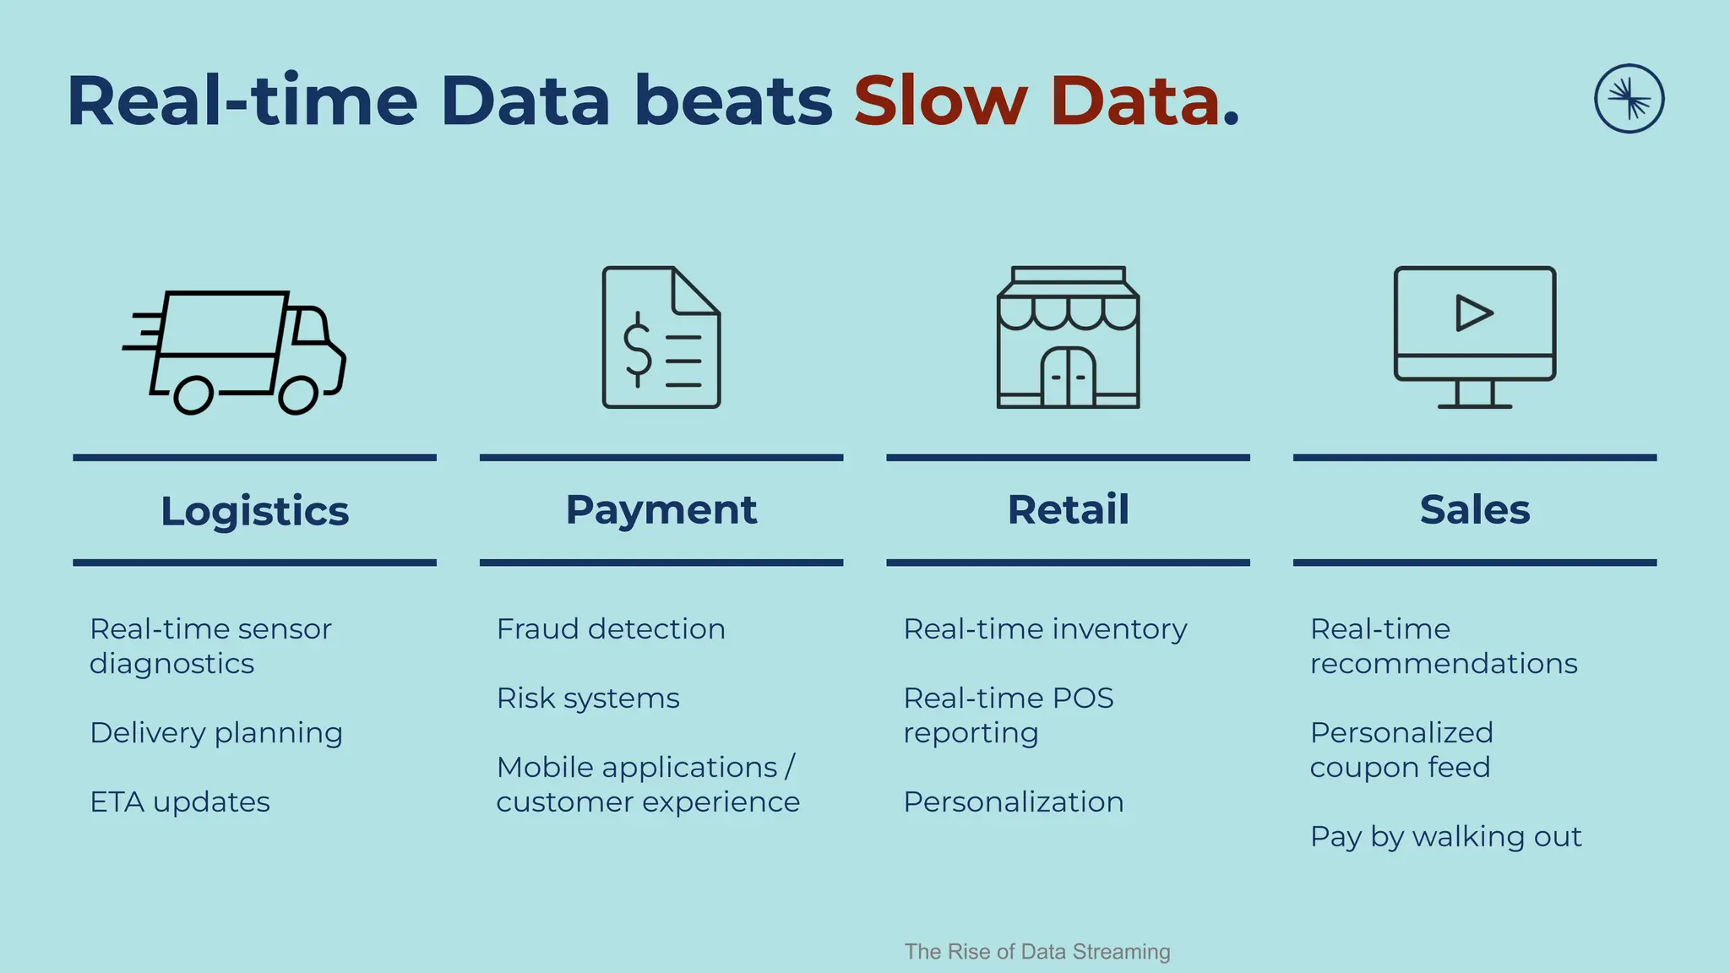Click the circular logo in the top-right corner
(1629, 99)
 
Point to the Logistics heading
(254, 511)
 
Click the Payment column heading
(661, 509)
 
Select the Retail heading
(1068, 509)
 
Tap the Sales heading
(1474, 509)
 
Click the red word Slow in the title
(939, 101)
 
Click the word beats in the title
(732, 101)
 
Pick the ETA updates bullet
(180, 802)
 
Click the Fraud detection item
(610, 629)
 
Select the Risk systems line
(587, 698)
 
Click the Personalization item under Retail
(1013, 802)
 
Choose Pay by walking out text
(1444, 836)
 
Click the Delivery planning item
(216, 732)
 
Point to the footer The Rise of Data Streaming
(1036, 952)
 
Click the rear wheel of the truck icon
(193, 395)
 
